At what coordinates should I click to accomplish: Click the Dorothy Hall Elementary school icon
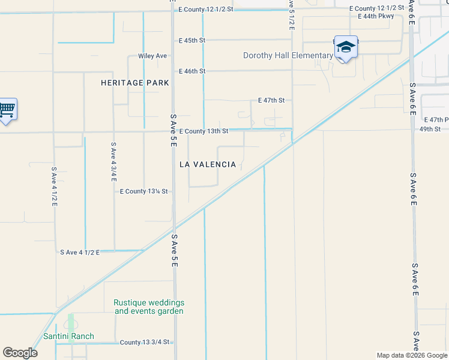pyautogui.click(x=346, y=47)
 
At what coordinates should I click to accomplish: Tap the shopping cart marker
pyautogui.click(x=7, y=109)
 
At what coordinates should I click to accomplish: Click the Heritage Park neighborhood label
pyautogui.click(x=135, y=83)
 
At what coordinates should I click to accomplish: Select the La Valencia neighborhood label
pyautogui.click(x=208, y=164)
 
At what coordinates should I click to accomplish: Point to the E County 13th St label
pyautogui.click(x=203, y=131)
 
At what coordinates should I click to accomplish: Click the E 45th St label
pyautogui.click(x=192, y=41)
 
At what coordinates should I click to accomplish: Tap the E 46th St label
pyautogui.click(x=192, y=71)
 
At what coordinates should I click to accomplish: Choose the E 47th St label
pyautogui.click(x=271, y=101)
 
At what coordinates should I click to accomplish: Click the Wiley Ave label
pyautogui.click(x=152, y=56)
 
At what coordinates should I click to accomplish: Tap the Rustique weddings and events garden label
pyautogui.click(x=149, y=307)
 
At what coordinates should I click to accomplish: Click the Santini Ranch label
pyautogui.click(x=68, y=336)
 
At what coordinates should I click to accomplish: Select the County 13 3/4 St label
pyautogui.click(x=146, y=343)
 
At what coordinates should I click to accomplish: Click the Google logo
pyautogui.click(x=20, y=353)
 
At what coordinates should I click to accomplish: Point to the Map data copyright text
pyautogui.click(x=412, y=355)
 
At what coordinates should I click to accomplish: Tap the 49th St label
pyautogui.click(x=430, y=129)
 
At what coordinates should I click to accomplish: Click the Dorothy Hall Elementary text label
pyautogui.click(x=288, y=56)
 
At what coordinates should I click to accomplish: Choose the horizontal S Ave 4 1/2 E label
pyautogui.click(x=79, y=253)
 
